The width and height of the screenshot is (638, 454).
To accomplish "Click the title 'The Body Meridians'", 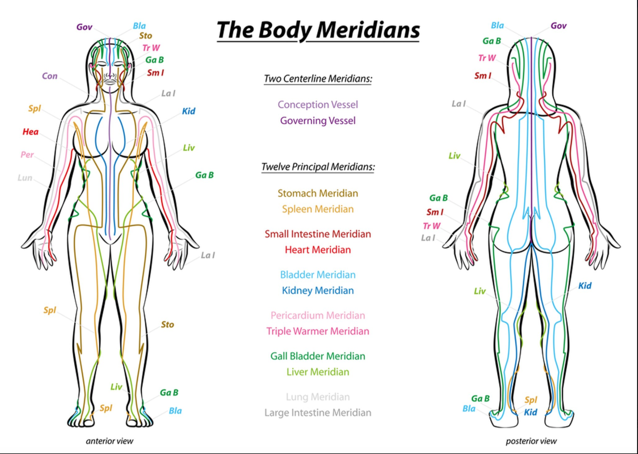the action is pos(318,30).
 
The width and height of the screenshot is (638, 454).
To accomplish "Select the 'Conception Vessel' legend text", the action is pos(318,105).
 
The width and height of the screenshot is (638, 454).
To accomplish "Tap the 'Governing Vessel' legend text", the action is pos(318,121).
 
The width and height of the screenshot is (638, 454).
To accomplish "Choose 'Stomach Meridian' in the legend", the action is pos(318,193).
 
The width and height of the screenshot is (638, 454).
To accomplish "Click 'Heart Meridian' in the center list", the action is pos(318,250).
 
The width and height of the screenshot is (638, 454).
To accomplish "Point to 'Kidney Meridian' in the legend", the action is pos(318,291).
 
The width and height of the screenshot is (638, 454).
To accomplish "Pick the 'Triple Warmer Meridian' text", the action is pos(318,331).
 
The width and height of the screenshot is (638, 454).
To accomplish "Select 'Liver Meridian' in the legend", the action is pos(318,372).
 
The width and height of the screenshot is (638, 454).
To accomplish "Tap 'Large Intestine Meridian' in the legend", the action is pos(318,413).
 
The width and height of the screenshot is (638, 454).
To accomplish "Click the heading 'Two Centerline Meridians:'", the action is pos(318,79).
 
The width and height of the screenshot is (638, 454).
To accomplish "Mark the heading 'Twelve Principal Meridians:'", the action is pos(318,167).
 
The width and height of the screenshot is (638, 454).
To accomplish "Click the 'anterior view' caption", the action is pos(110,441).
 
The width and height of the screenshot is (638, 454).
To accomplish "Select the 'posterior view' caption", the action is pos(531,441).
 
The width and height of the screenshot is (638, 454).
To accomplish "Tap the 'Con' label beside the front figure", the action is pos(50,76).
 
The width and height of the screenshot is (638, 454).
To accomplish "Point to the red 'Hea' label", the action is pos(30,132).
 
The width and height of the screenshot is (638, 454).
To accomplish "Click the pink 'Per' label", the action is pos(27,155).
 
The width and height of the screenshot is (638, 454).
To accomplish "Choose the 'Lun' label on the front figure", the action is pos(25,177).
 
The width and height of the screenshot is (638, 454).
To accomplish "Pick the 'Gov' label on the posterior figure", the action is pos(559,26).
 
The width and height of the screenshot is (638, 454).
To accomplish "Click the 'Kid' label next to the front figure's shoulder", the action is pos(188,111).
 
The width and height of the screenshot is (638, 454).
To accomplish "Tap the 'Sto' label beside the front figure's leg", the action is pos(167,324).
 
